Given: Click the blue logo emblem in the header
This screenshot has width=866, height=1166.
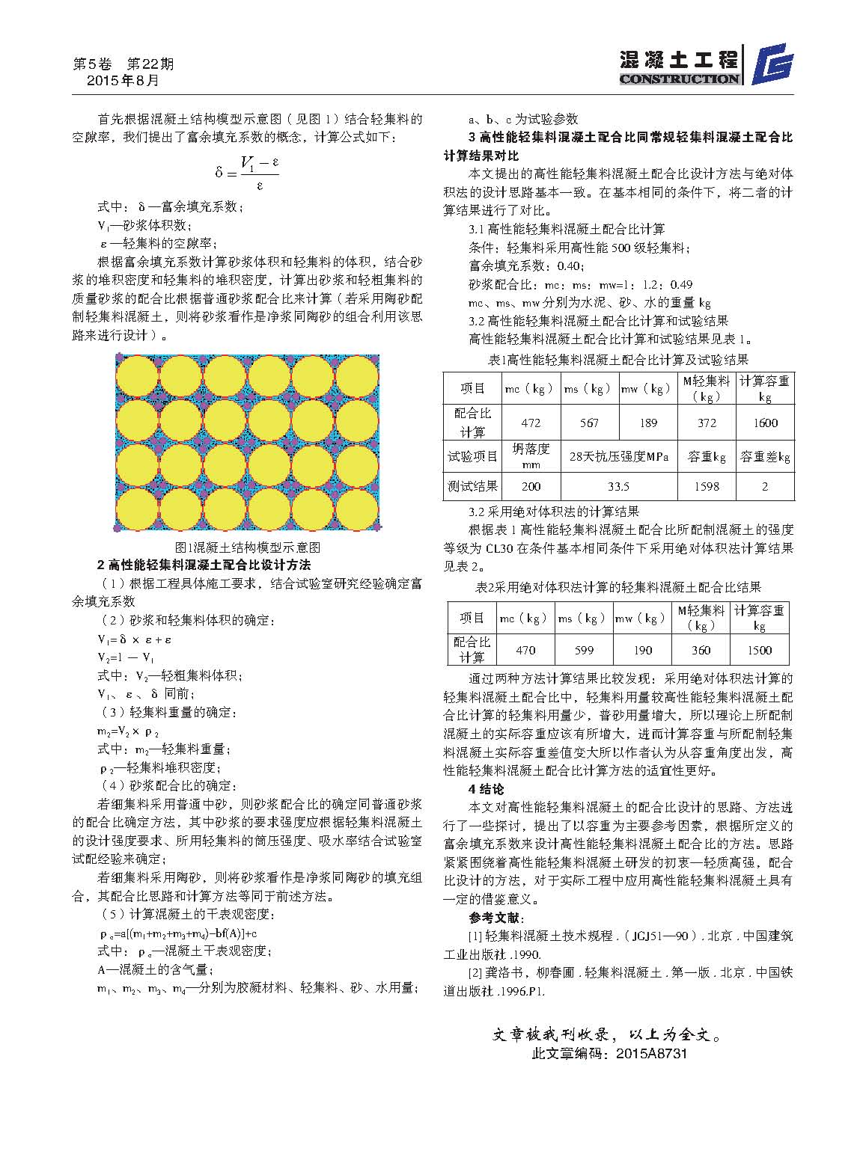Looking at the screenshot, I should point(772,65).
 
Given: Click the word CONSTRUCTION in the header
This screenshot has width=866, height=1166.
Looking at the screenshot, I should point(679,79).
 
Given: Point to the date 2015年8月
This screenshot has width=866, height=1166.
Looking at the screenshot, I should point(123,81).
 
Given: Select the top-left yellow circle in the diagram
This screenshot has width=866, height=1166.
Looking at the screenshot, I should point(137,376).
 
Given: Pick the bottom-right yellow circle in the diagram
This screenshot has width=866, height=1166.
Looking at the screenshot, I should point(357,508).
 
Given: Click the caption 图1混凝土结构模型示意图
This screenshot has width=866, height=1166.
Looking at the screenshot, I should point(247,547).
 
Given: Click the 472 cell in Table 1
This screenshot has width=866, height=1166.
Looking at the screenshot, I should point(531,423).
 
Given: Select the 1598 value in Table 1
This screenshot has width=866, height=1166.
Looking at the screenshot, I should point(706,486).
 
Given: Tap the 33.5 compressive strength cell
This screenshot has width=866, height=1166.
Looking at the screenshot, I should point(618,486).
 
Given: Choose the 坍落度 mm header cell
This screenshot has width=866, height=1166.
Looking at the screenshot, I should point(531,455).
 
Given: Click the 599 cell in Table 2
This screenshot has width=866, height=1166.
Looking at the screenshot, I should point(584,650).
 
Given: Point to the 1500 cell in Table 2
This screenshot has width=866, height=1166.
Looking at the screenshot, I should point(759,650).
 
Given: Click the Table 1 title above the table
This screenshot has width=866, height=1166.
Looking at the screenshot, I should point(618,360).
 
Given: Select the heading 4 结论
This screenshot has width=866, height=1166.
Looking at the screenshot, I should point(487,789).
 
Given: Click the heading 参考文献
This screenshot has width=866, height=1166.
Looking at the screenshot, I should point(497,918).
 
